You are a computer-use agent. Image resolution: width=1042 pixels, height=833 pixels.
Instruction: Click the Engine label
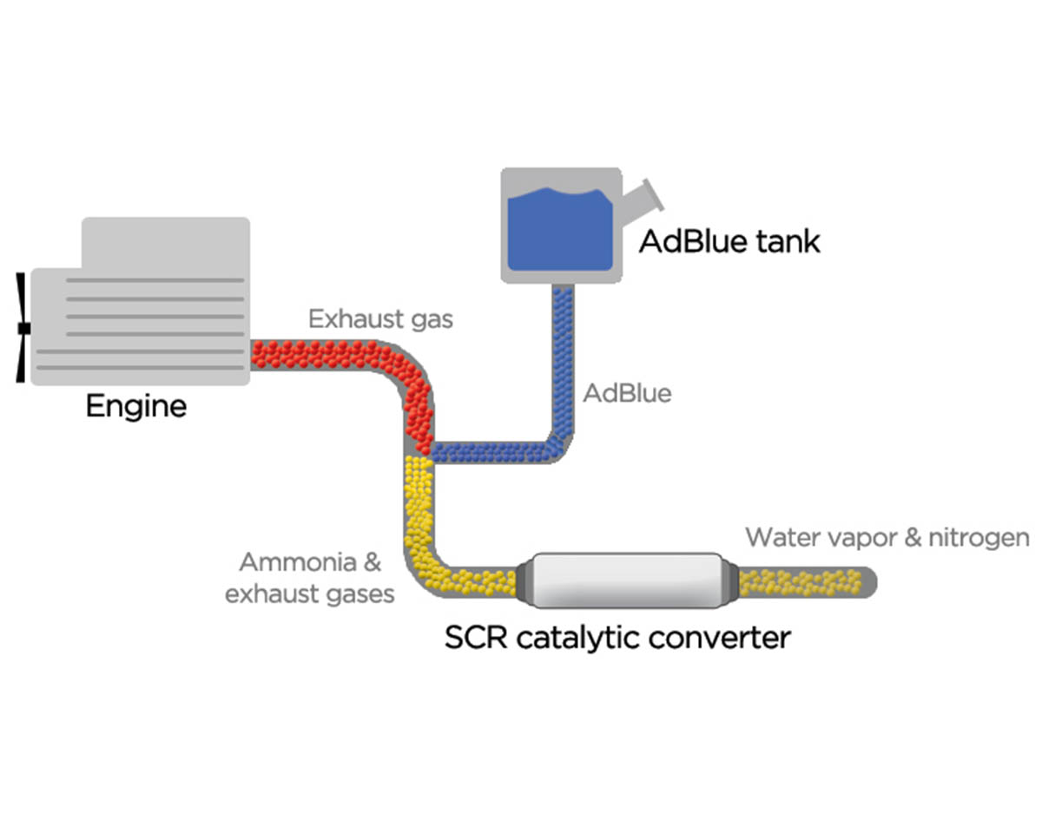tap(135, 406)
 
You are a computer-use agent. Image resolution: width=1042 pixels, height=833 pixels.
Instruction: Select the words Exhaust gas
tap(380, 319)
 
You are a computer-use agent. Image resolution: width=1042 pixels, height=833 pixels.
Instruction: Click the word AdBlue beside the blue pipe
tap(627, 393)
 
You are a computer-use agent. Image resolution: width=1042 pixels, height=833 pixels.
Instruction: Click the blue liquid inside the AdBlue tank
tap(559, 230)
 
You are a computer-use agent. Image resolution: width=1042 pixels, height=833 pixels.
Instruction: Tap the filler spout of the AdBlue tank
tap(645, 197)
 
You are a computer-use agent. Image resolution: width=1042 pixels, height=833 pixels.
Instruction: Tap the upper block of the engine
tap(165, 243)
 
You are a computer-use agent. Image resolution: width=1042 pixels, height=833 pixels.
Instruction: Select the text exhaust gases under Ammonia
tap(310, 594)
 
